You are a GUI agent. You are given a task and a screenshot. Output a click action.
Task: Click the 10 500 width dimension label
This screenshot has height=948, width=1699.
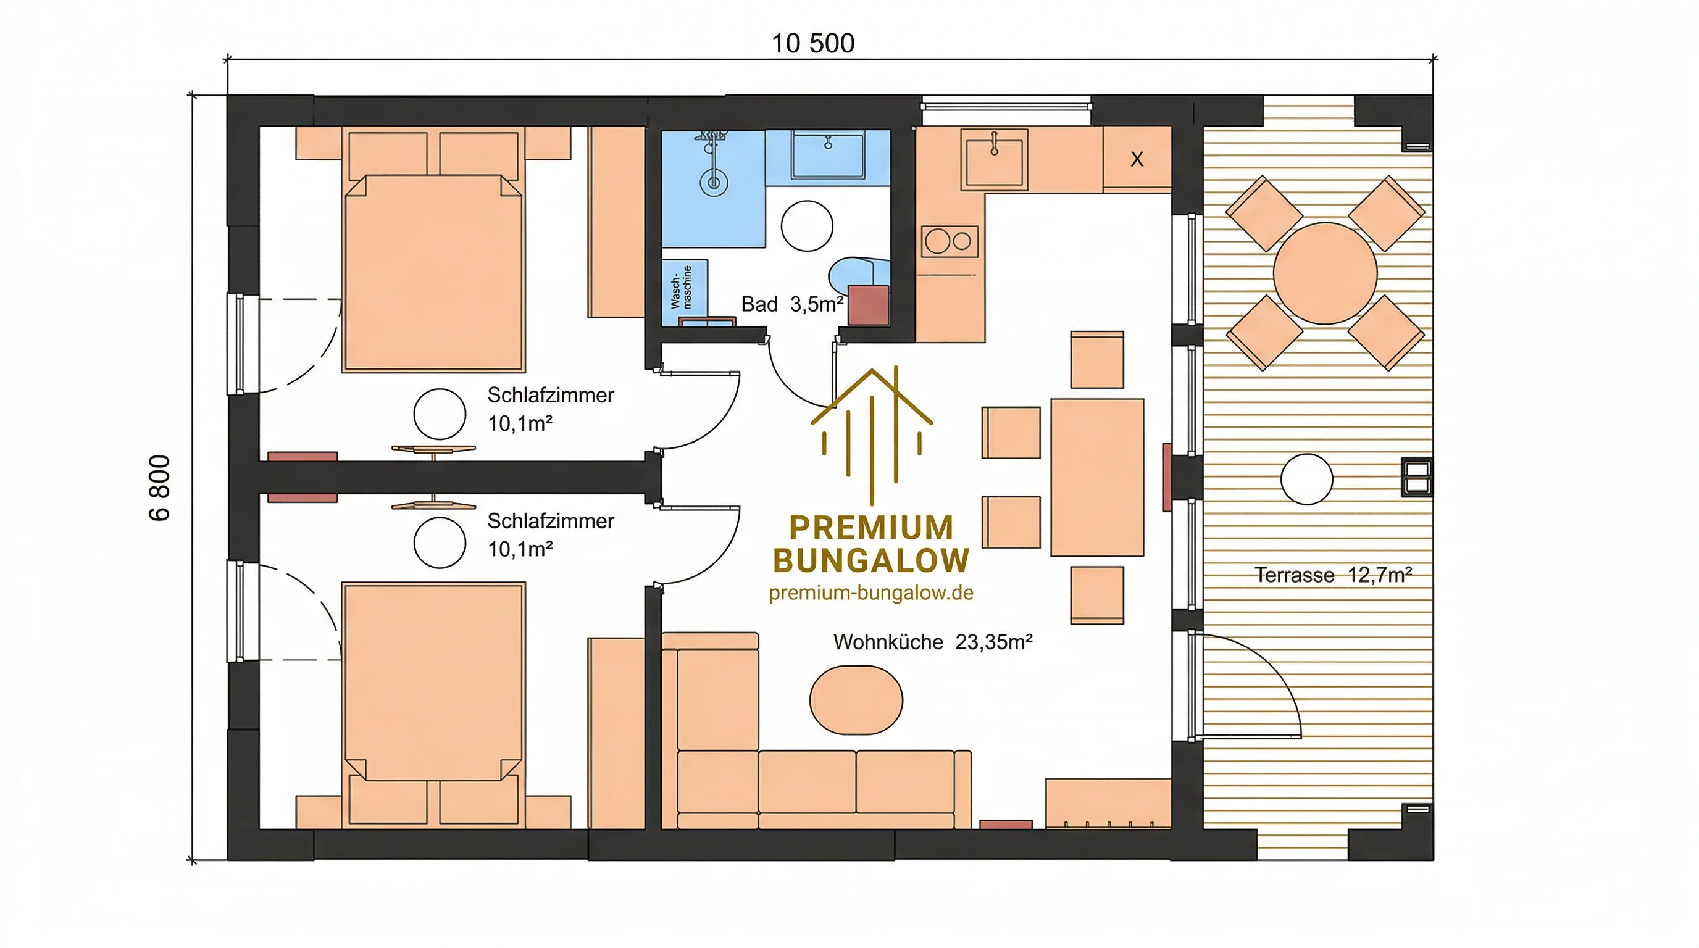[x=812, y=43]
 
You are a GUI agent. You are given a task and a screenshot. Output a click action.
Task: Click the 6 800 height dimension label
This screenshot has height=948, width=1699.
[x=160, y=488]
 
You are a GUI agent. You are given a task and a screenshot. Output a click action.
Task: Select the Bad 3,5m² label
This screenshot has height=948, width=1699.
[x=792, y=304]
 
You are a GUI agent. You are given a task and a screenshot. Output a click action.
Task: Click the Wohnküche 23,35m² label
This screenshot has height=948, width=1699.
[x=933, y=641]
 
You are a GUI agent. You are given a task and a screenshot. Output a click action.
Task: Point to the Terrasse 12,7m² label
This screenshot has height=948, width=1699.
[x=1333, y=575]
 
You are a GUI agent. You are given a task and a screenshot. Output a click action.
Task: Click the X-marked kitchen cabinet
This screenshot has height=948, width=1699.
[x=1137, y=159]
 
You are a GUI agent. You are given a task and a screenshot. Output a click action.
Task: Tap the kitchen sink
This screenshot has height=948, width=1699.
[x=994, y=159]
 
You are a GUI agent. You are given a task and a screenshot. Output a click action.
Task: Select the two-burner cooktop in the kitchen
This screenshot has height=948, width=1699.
[x=950, y=241]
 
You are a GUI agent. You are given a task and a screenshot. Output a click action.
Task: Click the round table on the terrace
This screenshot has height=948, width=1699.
[x=1325, y=273]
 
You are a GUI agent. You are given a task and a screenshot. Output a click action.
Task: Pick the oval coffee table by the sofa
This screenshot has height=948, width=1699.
[x=856, y=699]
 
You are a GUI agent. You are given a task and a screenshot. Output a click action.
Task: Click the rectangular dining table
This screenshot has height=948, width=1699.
[x=1097, y=477]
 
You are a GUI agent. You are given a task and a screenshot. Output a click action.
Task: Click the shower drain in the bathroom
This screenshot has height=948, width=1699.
[x=714, y=181]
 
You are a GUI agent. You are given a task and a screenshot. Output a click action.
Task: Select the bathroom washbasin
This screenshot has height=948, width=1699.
[x=829, y=156]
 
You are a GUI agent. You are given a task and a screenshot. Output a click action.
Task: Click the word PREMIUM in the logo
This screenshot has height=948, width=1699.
[x=871, y=528]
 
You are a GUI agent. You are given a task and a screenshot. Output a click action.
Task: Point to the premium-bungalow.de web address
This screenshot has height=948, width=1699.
[x=870, y=592]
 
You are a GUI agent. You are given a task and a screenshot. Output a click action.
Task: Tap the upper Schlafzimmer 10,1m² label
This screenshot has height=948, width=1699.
[x=551, y=409]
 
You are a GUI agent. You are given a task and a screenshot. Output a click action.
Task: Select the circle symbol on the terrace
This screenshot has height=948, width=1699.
[x=1306, y=480]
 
